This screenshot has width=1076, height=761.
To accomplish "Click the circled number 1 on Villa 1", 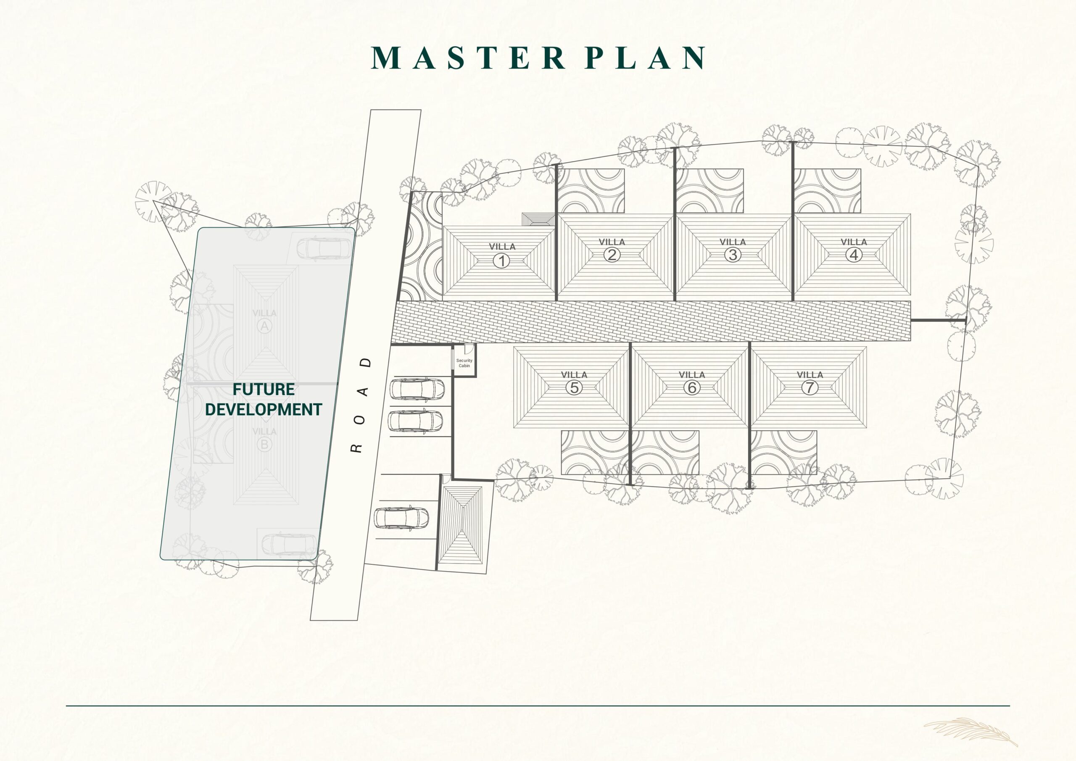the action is click(x=501, y=261).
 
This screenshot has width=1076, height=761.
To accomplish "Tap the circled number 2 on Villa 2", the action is click(x=612, y=255).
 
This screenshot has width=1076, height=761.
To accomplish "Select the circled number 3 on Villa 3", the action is click(x=733, y=255).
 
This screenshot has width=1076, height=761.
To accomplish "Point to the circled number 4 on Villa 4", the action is click(x=853, y=255).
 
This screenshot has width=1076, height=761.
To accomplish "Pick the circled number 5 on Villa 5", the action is click(x=574, y=387).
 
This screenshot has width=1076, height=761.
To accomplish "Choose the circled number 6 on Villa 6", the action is click(x=692, y=387).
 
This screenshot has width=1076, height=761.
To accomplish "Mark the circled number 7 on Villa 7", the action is click(x=810, y=387).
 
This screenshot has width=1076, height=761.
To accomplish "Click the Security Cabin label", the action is click(x=464, y=363).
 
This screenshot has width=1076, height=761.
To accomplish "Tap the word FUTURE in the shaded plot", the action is click(x=264, y=390).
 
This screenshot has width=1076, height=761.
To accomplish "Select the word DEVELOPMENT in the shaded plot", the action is click(x=264, y=410).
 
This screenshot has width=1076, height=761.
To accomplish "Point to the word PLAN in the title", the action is click(x=645, y=58).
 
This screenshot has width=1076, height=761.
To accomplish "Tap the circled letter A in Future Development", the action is click(x=264, y=326).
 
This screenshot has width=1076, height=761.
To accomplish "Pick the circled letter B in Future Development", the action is click(x=264, y=444).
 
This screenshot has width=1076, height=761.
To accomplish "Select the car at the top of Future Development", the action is click(x=323, y=248).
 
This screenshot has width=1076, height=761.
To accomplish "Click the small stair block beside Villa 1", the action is click(x=539, y=220).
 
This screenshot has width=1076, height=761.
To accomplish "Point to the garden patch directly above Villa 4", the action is click(x=827, y=191).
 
